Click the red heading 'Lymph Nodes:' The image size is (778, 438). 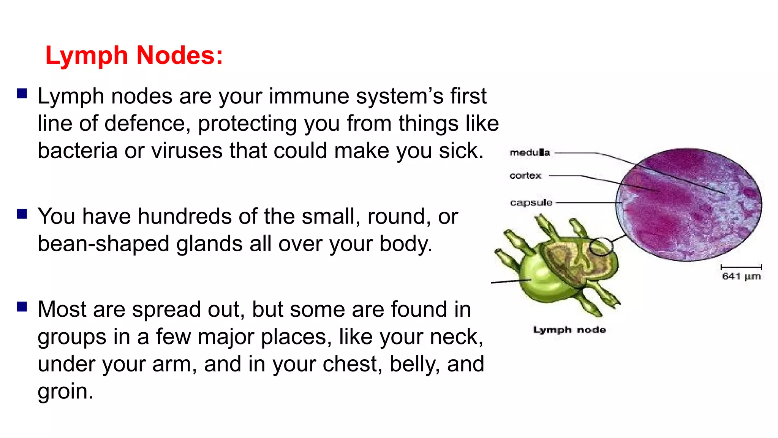(x=134, y=56)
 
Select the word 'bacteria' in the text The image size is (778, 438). (x=77, y=151)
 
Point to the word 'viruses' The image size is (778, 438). (x=187, y=151)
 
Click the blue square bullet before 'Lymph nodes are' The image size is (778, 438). (x=22, y=94)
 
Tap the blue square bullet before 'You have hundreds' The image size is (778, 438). (x=22, y=214)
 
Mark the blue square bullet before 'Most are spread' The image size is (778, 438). (x=22, y=307)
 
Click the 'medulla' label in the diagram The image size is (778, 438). (x=530, y=153)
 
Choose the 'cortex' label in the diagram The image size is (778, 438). (x=525, y=176)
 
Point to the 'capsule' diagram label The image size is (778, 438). (x=531, y=203)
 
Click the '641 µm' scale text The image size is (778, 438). (x=741, y=276)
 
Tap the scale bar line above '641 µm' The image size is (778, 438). (x=741, y=267)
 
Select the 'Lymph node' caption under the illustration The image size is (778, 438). (x=569, y=330)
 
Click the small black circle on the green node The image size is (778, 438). (x=601, y=246)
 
